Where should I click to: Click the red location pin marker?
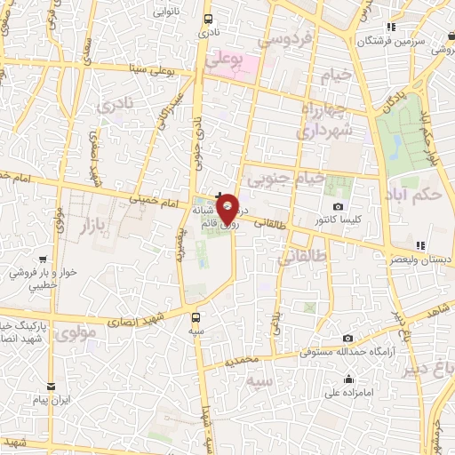(227, 210)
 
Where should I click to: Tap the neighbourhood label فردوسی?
(283, 40)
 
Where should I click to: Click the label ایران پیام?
(52, 403)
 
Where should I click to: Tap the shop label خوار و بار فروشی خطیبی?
(42, 280)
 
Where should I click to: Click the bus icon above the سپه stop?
(196, 316)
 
